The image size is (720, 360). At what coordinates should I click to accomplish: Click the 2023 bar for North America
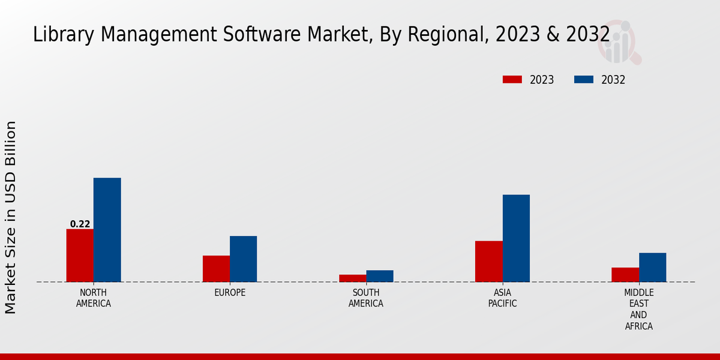click(80, 255)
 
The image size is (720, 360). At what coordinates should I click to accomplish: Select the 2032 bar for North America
click(107, 230)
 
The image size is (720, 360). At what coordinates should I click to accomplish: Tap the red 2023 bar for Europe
click(216, 268)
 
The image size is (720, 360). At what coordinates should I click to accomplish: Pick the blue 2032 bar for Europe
click(243, 259)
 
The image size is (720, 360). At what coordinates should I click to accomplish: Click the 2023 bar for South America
click(352, 278)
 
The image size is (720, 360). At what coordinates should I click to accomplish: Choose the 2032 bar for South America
click(380, 275)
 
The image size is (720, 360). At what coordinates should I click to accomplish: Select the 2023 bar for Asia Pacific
click(488, 261)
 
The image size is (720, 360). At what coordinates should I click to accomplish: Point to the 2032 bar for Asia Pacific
click(516, 238)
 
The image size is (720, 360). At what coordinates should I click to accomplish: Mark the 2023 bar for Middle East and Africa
click(625, 274)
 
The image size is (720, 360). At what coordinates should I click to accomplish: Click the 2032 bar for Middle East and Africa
click(652, 267)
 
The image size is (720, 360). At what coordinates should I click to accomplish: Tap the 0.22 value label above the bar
click(80, 224)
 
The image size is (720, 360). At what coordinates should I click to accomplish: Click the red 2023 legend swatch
click(512, 80)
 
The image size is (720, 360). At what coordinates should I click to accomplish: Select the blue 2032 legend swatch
click(584, 80)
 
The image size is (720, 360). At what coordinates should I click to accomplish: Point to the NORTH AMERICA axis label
click(94, 298)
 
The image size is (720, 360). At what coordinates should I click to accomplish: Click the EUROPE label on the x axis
click(230, 293)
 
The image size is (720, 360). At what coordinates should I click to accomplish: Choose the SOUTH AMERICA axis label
click(366, 298)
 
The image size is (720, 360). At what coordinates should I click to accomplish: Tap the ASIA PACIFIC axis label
click(502, 298)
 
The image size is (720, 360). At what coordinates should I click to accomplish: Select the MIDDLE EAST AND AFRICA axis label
click(638, 310)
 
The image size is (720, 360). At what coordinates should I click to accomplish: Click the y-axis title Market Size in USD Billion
click(11, 217)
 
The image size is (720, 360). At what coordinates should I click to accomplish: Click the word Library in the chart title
click(56, 34)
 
